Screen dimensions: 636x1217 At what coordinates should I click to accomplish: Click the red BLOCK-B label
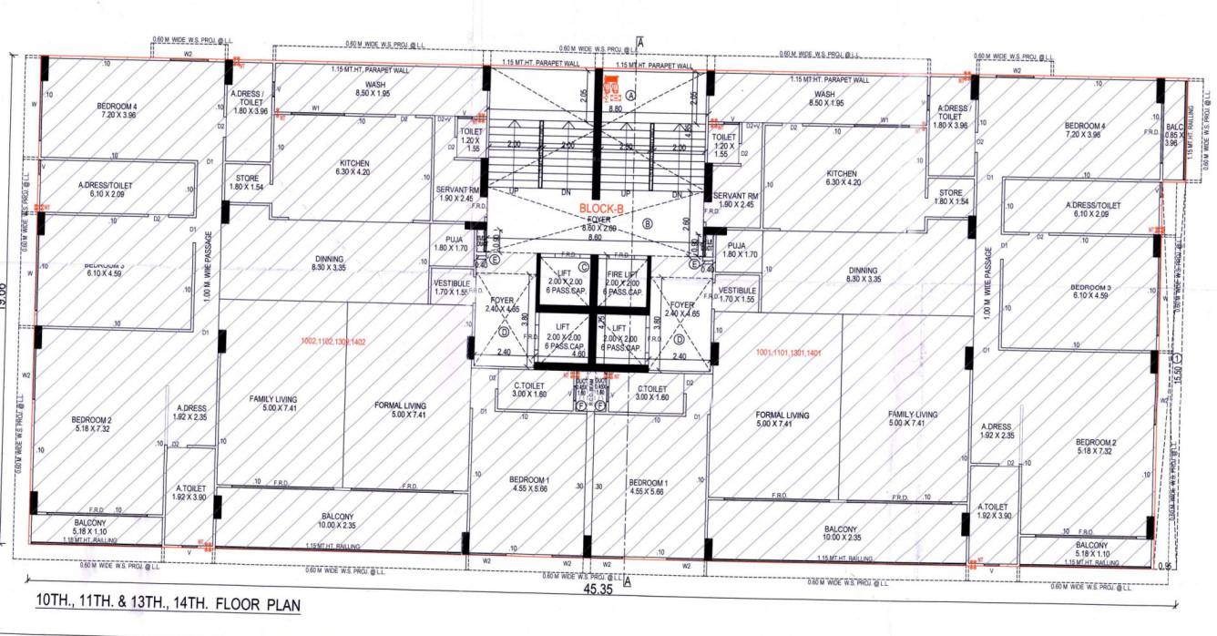(x=598, y=208)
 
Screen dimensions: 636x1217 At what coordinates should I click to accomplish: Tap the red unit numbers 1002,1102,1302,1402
(x=331, y=341)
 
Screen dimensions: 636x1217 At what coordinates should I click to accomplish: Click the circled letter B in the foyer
(x=648, y=222)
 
